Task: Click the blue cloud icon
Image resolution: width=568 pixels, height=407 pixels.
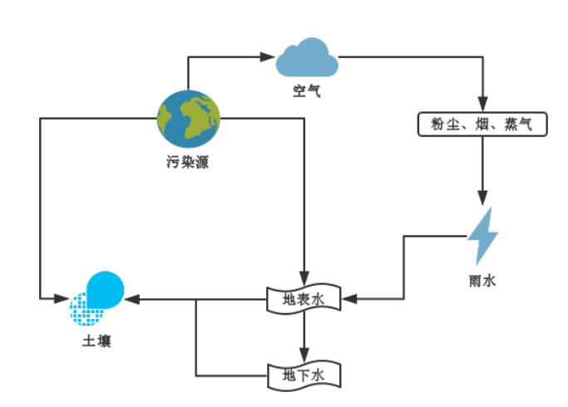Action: [307, 59]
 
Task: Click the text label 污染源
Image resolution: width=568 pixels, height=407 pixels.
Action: [187, 162]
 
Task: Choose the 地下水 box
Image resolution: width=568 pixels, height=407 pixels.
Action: [304, 375]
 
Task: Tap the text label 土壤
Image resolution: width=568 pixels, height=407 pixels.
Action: [96, 341]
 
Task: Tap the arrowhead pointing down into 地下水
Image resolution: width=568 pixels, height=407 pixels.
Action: [305, 356]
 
